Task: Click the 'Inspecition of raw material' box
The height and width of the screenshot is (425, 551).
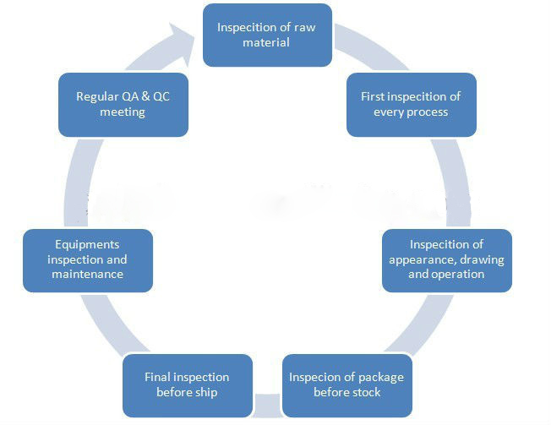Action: [267, 35]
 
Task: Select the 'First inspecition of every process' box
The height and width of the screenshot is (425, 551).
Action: [412, 105]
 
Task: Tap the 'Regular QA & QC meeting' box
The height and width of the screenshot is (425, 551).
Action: [123, 105]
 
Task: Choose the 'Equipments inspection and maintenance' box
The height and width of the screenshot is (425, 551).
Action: [88, 260]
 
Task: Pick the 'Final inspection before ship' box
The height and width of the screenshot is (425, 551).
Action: [188, 385]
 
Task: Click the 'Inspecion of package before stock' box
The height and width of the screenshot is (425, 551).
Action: [347, 385]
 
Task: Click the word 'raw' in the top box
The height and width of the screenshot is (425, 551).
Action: [305, 27]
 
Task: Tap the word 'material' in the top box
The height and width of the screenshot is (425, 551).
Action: [266, 42]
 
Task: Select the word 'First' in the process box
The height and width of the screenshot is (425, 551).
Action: [373, 96]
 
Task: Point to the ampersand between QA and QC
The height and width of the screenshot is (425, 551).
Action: [145, 96]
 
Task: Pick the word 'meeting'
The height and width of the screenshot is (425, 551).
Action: [123, 112]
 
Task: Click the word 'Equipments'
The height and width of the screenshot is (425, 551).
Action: [87, 245]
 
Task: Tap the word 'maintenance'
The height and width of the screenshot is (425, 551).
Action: [88, 274]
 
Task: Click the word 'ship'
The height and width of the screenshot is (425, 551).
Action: [206, 392]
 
